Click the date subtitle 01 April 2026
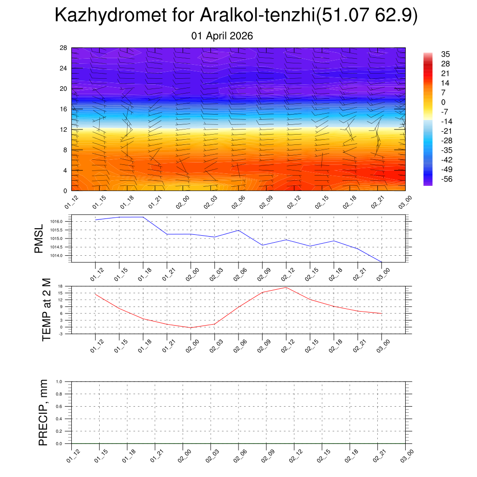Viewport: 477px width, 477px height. click(x=222, y=36)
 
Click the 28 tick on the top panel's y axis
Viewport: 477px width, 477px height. click(x=64, y=48)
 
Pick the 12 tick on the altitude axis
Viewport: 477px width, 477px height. click(x=64, y=129)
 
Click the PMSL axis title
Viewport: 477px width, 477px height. click(x=39, y=238)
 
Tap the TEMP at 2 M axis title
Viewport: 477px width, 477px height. click(x=46, y=309)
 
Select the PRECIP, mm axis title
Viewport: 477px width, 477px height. click(x=43, y=412)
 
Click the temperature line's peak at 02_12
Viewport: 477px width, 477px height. click(x=286, y=287)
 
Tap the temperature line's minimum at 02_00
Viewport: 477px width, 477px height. click(x=191, y=328)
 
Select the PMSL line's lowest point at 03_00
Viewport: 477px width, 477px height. click(x=382, y=262)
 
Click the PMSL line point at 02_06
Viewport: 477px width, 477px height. click(x=238, y=230)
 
